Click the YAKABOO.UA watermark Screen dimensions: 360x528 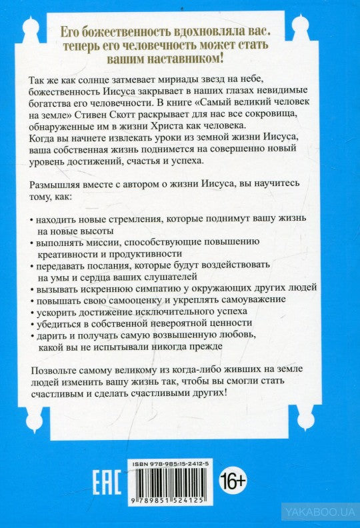[319, 512]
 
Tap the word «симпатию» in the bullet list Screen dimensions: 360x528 [168, 288]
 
